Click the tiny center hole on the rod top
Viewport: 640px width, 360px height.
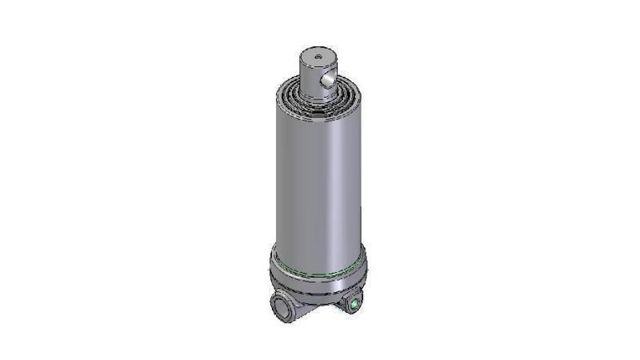pyautogui.click(x=316, y=57)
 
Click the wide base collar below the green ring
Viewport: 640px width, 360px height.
pyautogui.click(x=320, y=284)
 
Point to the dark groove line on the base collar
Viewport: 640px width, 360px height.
pyautogui.click(x=320, y=292)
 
